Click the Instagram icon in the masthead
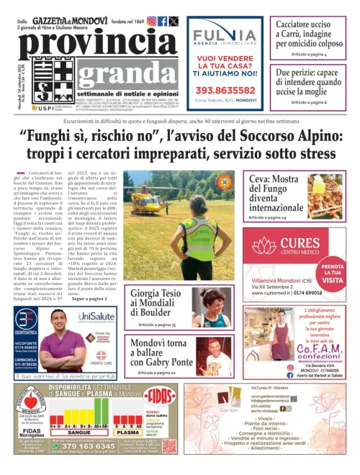pos(152,22)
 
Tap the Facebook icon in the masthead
pos(163,22)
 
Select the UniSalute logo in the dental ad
pos(96,317)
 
